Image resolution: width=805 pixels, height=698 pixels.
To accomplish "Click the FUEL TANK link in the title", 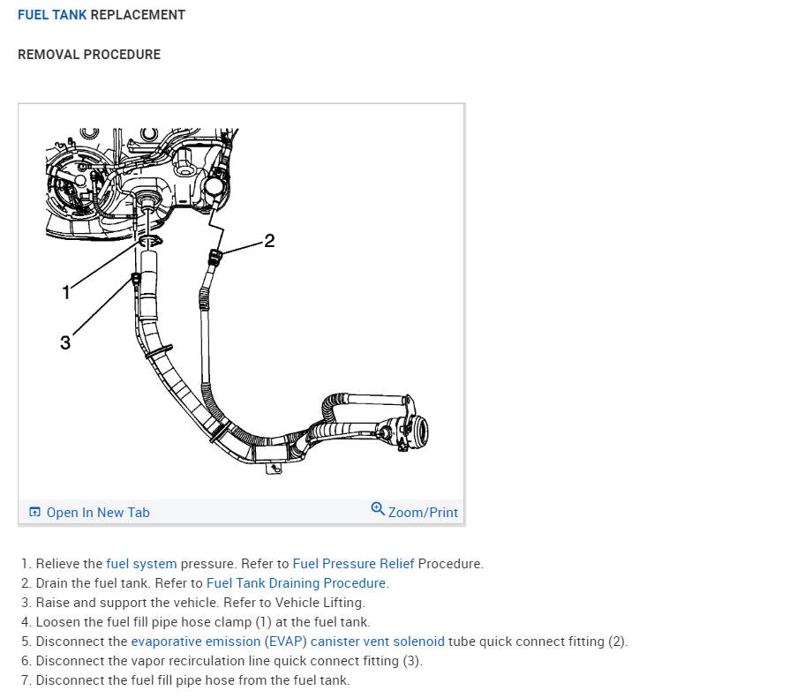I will pos(52,15).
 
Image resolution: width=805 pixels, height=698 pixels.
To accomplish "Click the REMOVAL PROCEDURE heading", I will pos(89,55).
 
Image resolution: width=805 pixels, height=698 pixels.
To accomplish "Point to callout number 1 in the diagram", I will pos(65,293).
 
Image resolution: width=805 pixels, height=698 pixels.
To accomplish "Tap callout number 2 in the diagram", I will pos(269,240).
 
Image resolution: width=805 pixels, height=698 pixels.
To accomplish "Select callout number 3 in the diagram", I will pos(65,342).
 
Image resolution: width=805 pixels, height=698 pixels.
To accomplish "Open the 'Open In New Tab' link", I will pos(98,513).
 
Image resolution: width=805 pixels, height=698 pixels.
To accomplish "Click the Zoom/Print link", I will pos(423,513).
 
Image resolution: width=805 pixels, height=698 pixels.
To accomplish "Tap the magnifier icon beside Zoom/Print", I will pos(378,509).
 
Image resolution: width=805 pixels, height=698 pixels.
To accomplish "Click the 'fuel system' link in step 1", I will pos(141,564).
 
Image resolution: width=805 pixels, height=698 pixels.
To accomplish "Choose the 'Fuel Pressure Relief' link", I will pos(353,564).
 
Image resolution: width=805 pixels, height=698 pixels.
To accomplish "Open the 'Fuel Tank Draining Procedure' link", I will pos(297,583).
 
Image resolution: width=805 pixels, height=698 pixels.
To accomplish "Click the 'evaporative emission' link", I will pos(195,642).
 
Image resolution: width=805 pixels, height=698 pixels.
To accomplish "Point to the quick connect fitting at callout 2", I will pos(214,257).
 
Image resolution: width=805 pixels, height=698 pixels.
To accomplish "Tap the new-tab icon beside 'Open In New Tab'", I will pos(35,513).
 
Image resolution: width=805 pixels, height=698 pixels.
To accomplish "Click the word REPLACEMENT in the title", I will pos(138,15).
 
